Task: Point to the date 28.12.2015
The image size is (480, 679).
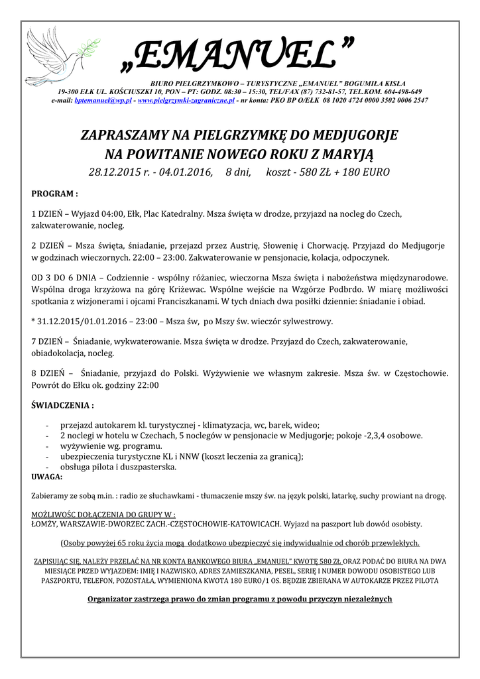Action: point(113,172)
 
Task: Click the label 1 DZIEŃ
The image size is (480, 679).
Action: point(47,214)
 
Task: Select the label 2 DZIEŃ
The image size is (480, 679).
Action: point(47,245)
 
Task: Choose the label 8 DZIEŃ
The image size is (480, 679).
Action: point(47,373)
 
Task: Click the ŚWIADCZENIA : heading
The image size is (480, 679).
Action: point(63,404)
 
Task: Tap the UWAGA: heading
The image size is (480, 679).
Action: point(46,477)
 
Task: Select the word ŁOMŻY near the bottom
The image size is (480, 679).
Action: point(45,524)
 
